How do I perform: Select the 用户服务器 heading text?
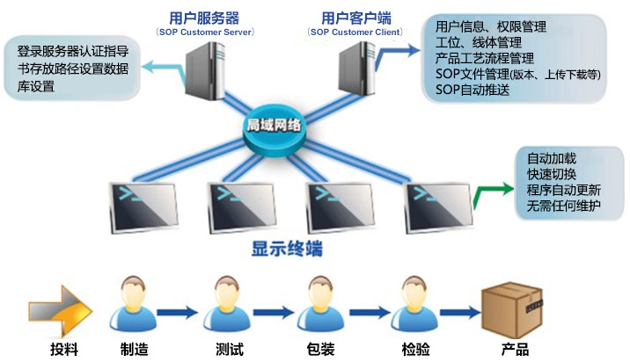(x=206, y=16)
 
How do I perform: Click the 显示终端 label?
(x=287, y=249)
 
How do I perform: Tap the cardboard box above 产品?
(x=513, y=306)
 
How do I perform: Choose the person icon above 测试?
(x=228, y=304)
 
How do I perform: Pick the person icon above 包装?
(x=322, y=304)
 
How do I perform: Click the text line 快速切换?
(x=551, y=175)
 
